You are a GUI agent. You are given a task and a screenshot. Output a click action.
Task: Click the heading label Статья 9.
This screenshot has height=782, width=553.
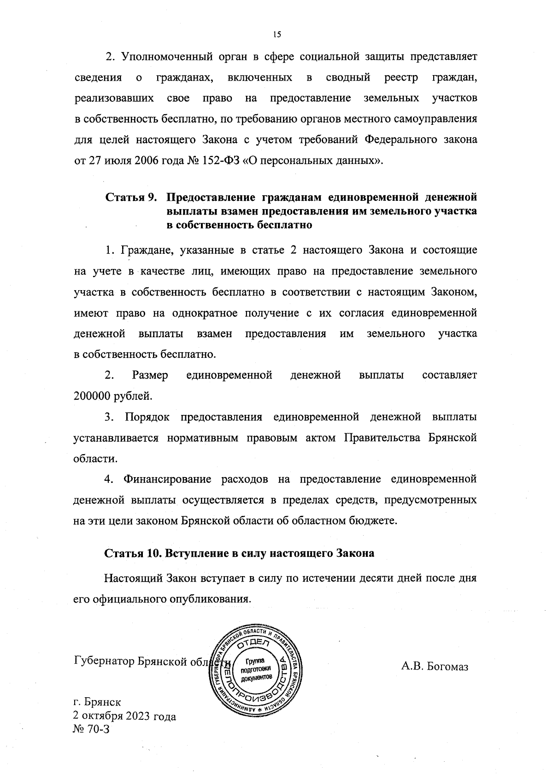point(131,198)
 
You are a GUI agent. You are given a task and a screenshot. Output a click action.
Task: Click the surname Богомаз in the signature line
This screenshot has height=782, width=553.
point(447,666)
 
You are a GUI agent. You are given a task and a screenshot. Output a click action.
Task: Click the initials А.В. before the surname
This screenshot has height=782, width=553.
point(412,666)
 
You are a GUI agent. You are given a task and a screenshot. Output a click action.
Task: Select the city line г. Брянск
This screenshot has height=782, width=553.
point(97,702)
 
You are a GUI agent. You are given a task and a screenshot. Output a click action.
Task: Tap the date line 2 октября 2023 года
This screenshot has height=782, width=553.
point(124,717)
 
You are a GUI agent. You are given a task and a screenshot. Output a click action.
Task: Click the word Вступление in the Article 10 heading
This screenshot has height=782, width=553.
point(192,554)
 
